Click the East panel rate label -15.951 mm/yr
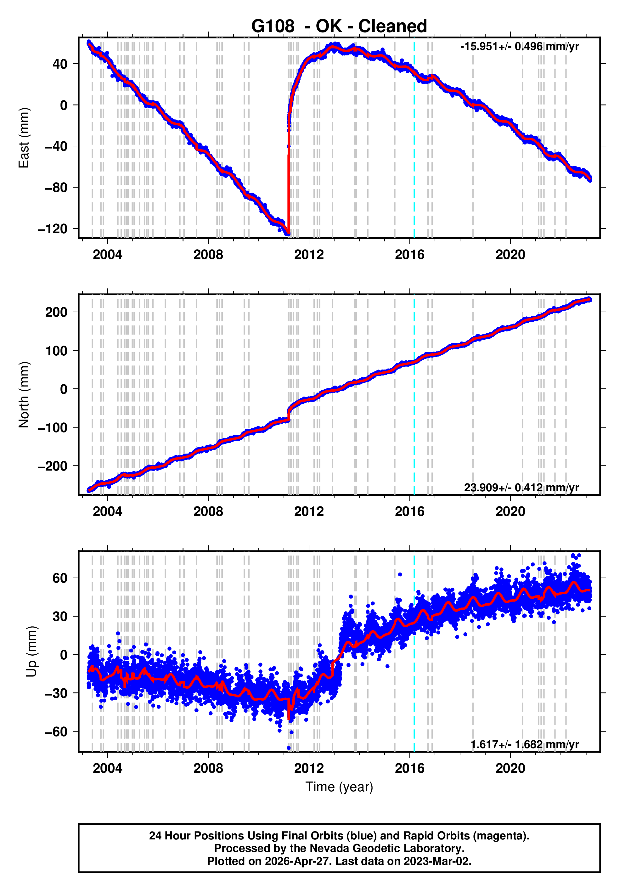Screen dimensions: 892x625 tap(519, 47)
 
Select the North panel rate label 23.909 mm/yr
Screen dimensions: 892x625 tap(521, 487)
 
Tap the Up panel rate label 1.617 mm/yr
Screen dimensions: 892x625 tap(524, 744)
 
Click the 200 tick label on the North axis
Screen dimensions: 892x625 tap(56, 312)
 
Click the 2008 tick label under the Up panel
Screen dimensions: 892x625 tap(208, 768)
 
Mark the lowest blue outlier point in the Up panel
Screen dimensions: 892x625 tap(289, 748)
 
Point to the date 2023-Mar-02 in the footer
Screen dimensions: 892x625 tap(437, 861)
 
